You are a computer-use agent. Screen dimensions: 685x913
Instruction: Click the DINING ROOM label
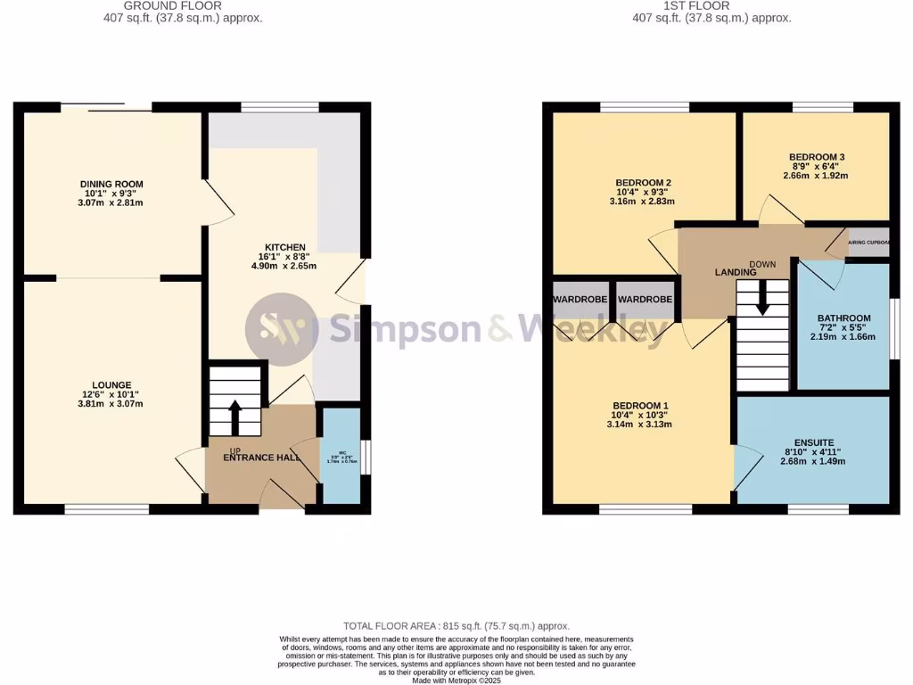111,185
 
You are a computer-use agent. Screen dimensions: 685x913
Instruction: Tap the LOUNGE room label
111,384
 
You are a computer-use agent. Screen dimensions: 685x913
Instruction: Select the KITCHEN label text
284,247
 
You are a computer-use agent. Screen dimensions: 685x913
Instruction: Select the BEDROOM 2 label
644,183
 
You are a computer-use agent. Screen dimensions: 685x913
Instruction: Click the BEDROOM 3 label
816,157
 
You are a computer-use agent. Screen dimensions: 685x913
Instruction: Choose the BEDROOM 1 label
640,406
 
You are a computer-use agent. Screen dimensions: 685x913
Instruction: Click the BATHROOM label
843,318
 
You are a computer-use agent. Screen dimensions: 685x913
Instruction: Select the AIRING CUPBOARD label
868,243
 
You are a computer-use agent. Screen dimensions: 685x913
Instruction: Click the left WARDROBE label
580,300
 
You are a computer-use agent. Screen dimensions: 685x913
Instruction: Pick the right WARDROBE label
645,300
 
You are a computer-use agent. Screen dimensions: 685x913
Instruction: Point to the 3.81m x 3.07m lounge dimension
111,404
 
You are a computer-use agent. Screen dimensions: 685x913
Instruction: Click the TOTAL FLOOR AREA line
456,626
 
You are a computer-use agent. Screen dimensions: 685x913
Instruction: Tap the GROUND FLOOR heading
185,5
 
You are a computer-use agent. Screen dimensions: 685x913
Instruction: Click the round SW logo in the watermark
282,329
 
